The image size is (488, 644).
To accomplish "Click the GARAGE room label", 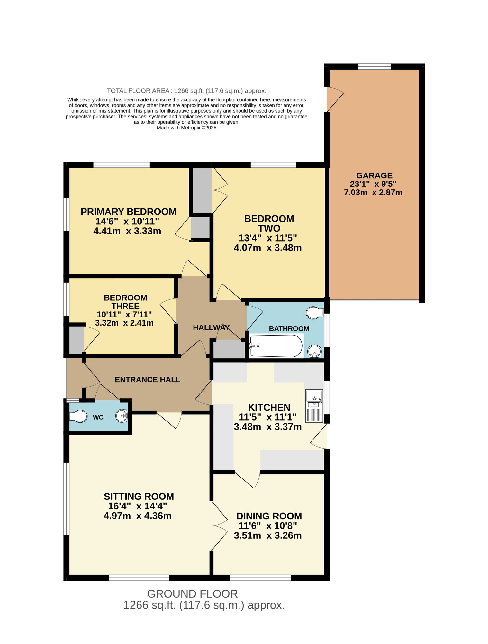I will (x=374, y=176).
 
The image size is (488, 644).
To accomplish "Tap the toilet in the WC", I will (x=78, y=416).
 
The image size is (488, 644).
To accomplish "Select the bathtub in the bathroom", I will (x=276, y=346).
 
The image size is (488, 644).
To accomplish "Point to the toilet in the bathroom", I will (x=314, y=312).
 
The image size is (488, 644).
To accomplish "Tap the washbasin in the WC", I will (x=122, y=416).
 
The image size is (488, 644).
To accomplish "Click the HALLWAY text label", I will (x=211, y=328).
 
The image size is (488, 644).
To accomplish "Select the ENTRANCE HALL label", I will (x=147, y=380).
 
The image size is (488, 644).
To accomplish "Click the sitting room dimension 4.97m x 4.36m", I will (x=137, y=516).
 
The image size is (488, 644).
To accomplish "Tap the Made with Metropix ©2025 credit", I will (x=186, y=128).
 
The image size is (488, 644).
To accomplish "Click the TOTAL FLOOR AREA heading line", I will (x=186, y=91).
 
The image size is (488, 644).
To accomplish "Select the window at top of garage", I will (x=374, y=67).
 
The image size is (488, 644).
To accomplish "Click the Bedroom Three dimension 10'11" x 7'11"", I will (x=124, y=314).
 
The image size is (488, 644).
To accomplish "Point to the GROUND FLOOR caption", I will (x=192, y=594).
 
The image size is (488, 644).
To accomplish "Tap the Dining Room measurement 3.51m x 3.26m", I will (x=267, y=535).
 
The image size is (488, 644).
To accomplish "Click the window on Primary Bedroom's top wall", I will (x=122, y=165).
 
